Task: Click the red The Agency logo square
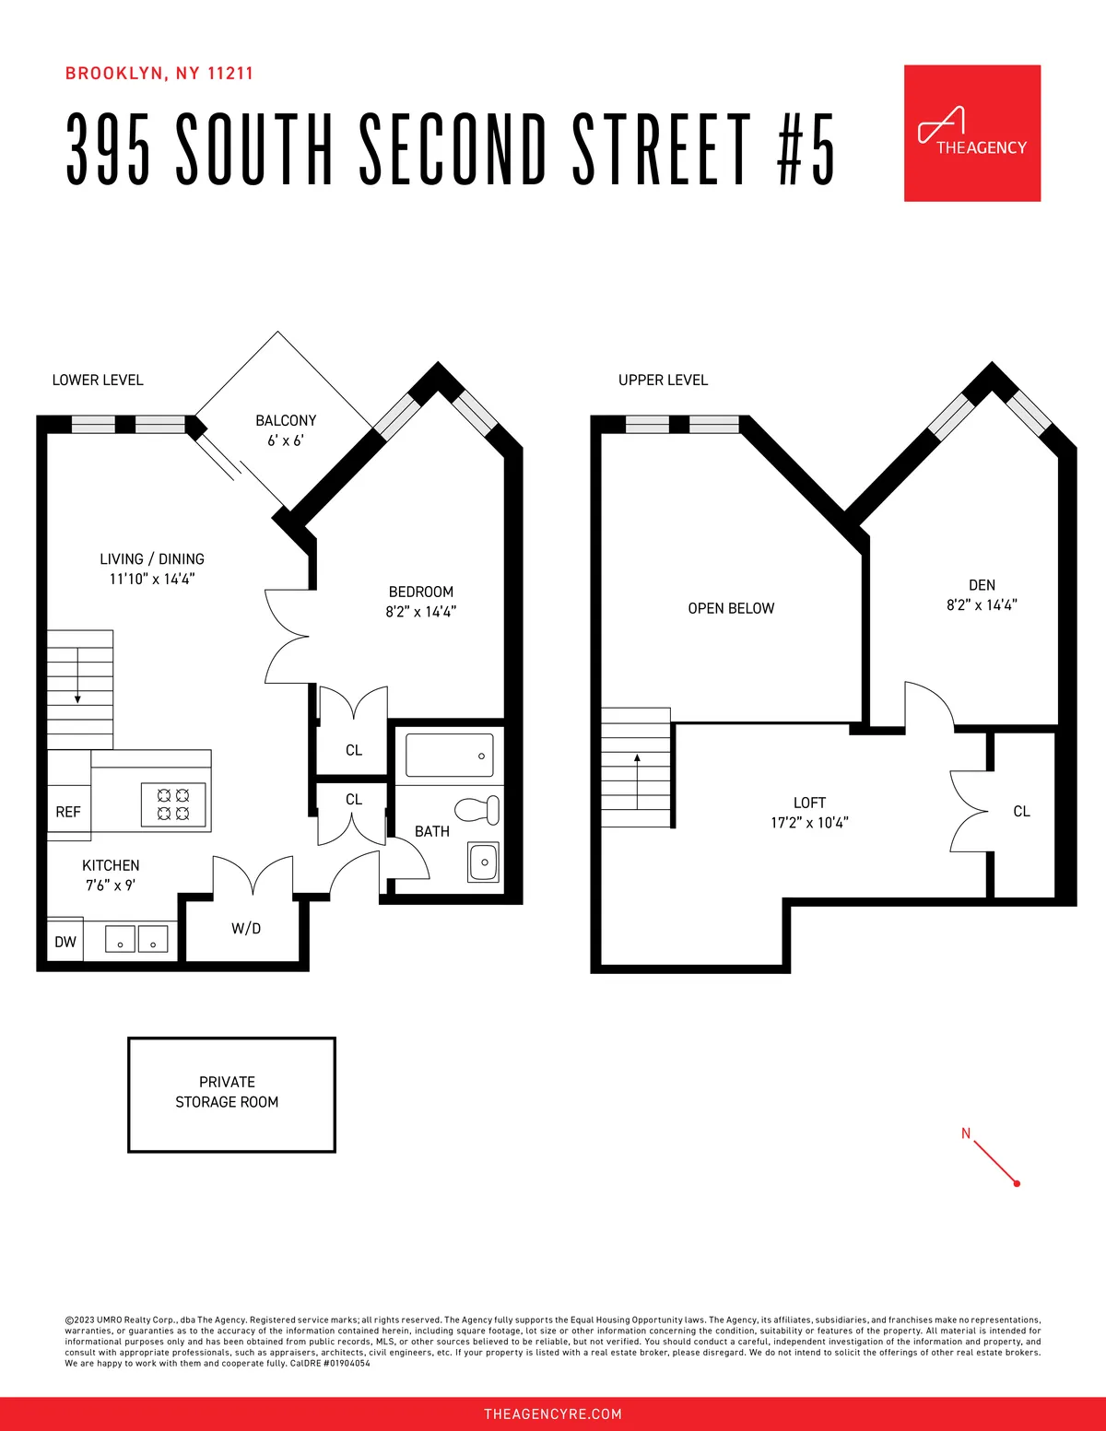(971, 133)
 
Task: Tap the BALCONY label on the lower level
(286, 420)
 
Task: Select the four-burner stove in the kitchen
(173, 803)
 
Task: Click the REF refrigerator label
(68, 812)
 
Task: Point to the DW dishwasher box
(65, 941)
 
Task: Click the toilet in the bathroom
(478, 810)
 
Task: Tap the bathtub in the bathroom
(449, 755)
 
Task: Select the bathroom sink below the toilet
(483, 862)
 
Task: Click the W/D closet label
(246, 929)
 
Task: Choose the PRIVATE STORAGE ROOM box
(231, 1094)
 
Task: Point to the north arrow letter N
(966, 1133)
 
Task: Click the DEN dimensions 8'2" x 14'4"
(982, 605)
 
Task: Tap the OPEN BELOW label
(731, 608)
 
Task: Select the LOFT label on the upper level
(809, 803)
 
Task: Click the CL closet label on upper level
(1021, 811)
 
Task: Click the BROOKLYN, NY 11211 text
(159, 74)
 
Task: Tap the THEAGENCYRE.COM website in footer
(553, 1413)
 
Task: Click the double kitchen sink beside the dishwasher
(136, 939)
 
